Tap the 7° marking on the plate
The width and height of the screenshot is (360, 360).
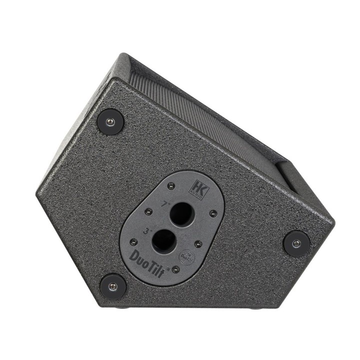165,204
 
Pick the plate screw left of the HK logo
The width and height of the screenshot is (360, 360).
171,186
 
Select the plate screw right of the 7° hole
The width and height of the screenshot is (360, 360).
213,213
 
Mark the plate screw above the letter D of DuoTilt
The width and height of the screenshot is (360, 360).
133,242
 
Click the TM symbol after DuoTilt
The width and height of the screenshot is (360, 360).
168,268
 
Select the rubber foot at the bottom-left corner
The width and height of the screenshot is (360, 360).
112,285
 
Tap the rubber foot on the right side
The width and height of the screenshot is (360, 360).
296,243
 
